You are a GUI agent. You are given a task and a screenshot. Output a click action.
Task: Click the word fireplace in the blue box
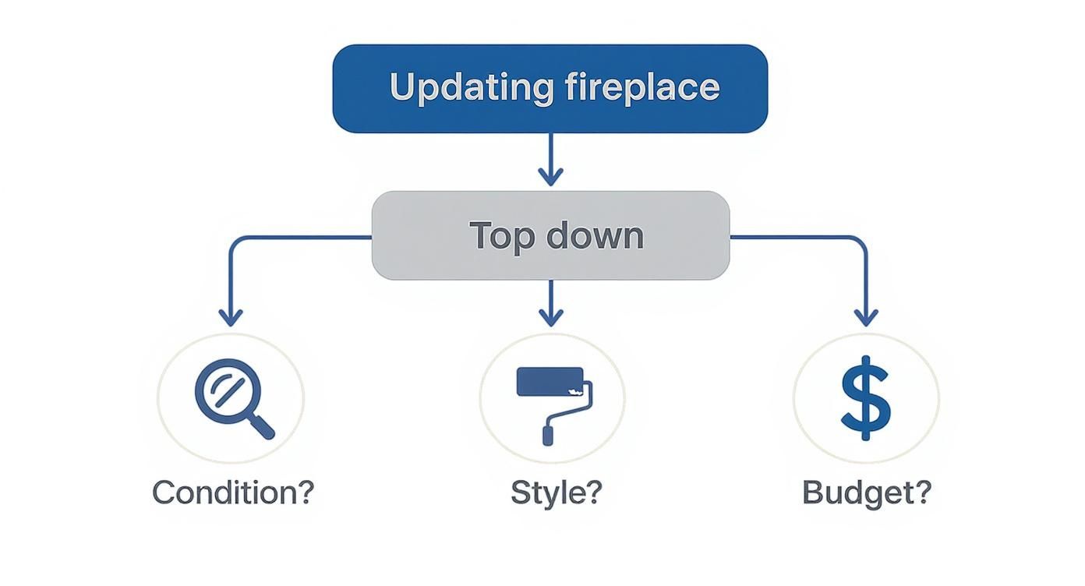[x=639, y=87]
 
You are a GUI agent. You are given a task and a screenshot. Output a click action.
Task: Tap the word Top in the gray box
[x=501, y=235]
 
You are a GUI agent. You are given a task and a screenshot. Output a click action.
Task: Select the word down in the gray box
[x=595, y=235]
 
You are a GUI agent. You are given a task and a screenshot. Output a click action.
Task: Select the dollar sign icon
[x=865, y=398]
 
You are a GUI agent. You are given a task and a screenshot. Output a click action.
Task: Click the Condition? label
[x=232, y=492]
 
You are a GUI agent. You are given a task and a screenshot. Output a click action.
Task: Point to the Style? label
[x=556, y=492]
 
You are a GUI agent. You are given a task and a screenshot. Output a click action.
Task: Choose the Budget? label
[x=867, y=492]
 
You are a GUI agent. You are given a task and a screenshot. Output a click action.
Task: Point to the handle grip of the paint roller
[x=548, y=432]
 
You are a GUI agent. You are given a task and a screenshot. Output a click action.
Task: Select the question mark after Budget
[x=922, y=492]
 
